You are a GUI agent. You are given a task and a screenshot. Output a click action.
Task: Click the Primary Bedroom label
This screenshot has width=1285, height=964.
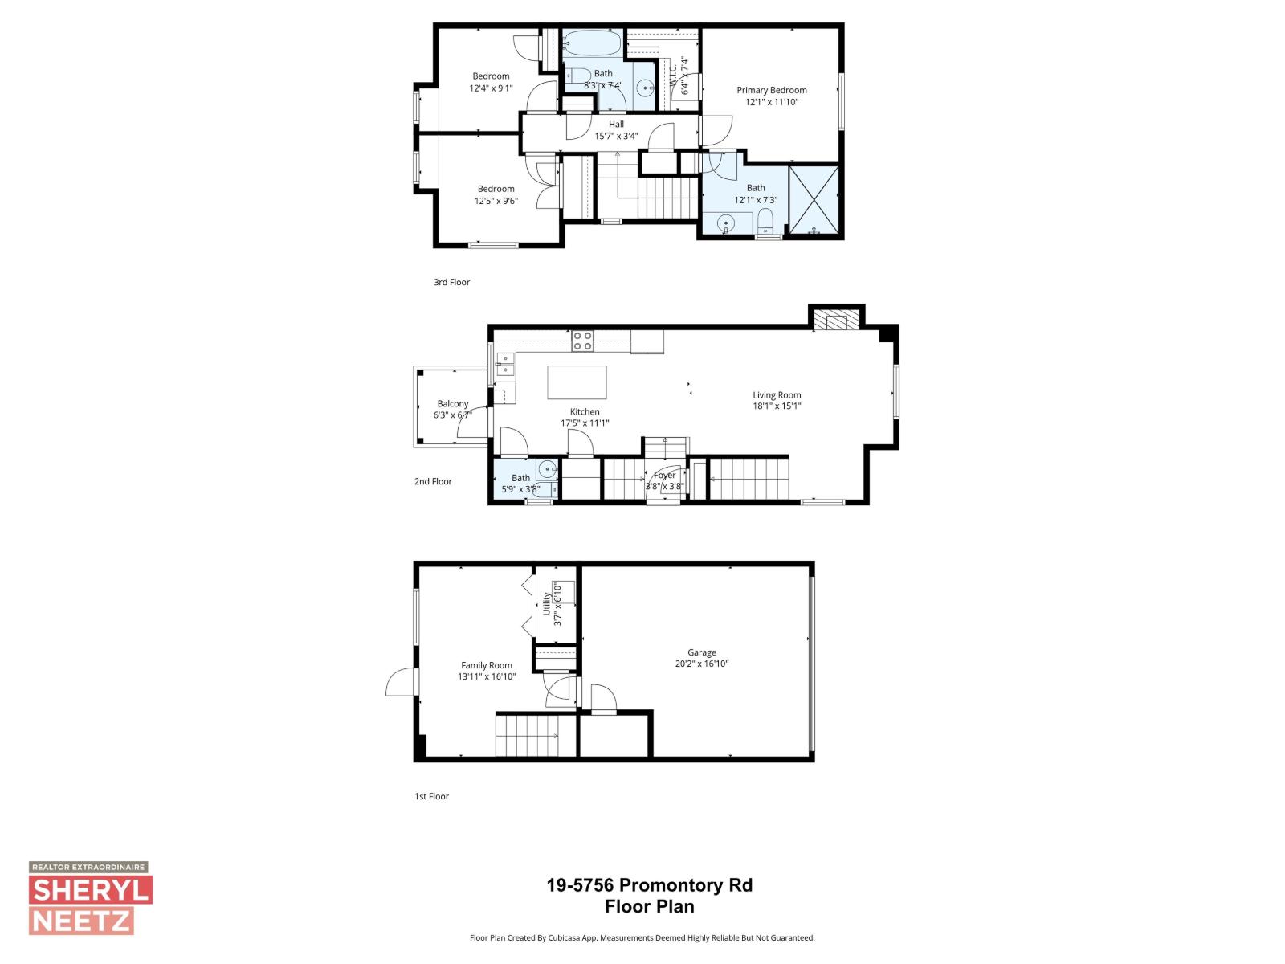[x=772, y=90]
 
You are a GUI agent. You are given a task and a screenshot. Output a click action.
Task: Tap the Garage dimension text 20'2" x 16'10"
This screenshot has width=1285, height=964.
[x=701, y=664]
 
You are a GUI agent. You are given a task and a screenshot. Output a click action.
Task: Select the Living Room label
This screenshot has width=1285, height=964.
[x=777, y=394]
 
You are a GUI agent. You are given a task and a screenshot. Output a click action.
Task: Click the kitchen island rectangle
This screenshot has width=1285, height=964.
[x=577, y=382]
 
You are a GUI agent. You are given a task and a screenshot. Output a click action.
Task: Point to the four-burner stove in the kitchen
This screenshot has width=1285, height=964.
[x=582, y=341]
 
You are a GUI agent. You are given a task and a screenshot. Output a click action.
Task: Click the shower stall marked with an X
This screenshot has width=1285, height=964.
[x=814, y=200]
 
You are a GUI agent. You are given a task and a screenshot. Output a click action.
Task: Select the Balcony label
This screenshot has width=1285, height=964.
[x=453, y=403]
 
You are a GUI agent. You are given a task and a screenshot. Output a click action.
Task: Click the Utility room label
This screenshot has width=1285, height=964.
[x=547, y=603]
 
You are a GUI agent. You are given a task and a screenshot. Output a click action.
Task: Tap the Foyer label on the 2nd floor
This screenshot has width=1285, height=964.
[x=664, y=475]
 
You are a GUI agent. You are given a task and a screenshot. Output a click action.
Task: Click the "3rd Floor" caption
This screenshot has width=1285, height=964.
[x=451, y=282]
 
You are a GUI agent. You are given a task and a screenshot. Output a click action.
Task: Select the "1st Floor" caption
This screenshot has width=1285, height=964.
[x=431, y=796]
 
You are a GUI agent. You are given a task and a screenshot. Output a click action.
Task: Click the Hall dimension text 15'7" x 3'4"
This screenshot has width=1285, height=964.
[x=616, y=136]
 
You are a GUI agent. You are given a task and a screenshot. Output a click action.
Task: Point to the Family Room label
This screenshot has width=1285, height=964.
[x=486, y=665]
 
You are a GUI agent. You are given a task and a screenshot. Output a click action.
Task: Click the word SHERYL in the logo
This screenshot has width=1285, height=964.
[x=91, y=890]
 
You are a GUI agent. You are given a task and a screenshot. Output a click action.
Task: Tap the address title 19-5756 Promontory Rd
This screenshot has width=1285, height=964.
[x=649, y=885]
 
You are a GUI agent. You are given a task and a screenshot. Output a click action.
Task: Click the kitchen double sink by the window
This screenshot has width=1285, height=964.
[x=504, y=364]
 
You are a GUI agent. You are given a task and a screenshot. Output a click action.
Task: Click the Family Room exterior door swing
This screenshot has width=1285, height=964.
[x=401, y=683]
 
